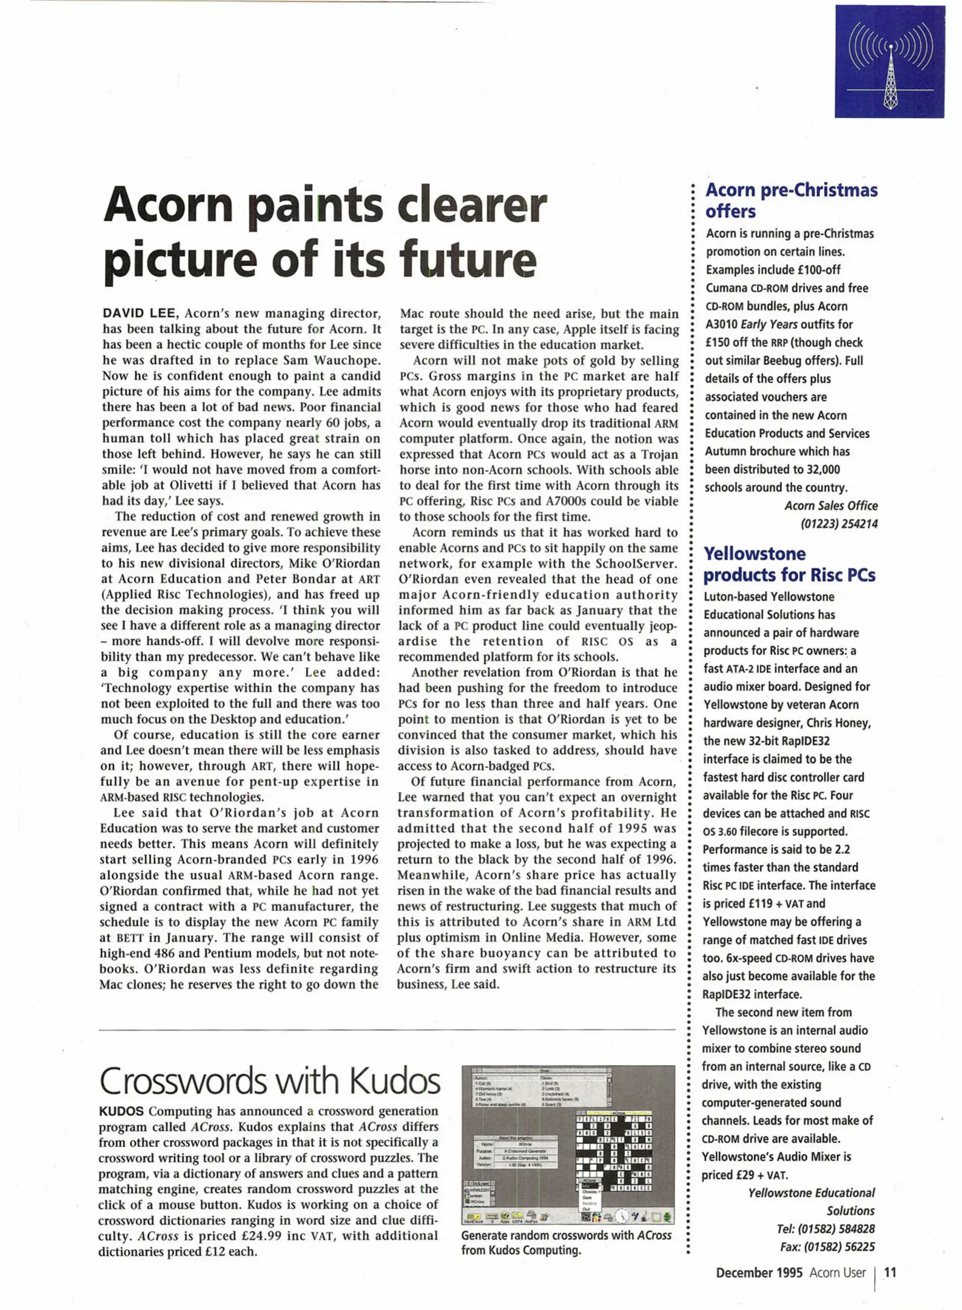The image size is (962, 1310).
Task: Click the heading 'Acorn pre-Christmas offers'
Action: (790, 201)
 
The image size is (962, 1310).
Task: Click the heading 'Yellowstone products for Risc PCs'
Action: (789, 564)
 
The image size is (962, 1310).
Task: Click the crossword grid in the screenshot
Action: (614, 1151)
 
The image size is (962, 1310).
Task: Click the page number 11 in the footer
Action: (890, 1272)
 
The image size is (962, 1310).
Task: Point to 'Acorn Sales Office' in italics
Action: (830, 505)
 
